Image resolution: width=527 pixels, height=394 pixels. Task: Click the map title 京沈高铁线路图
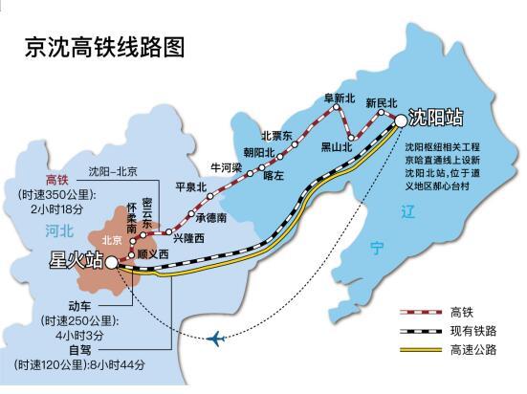click(x=105, y=48)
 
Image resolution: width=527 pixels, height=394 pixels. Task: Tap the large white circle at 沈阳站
click(x=401, y=120)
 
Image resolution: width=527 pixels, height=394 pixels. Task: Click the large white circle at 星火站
click(x=112, y=263)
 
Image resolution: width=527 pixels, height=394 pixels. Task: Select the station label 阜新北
click(x=340, y=98)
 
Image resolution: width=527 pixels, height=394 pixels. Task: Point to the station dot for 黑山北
click(x=351, y=138)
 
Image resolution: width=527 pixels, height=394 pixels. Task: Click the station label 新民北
click(x=382, y=103)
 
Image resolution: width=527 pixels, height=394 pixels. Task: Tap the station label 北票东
click(x=277, y=136)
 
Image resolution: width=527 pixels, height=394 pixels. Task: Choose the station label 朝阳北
click(x=259, y=153)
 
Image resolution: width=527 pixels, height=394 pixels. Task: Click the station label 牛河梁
click(x=227, y=167)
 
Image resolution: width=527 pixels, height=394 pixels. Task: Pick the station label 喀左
click(x=274, y=176)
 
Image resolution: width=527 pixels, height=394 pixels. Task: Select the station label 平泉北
click(x=191, y=187)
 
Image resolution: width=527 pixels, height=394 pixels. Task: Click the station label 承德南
click(x=211, y=218)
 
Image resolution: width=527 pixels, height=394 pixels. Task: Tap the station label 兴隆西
click(x=188, y=238)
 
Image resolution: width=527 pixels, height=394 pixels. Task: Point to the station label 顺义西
click(x=153, y=253)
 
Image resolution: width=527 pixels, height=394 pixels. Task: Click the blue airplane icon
click(x=216, y=339)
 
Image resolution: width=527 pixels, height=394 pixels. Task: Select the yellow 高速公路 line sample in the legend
click(x=421, y=350)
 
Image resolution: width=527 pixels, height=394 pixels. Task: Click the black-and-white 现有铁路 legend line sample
click(x=421, y=332)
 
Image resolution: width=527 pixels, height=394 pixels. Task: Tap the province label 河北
click(x=59, y=231)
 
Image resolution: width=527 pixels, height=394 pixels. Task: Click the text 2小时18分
click(x=56, y=209)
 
